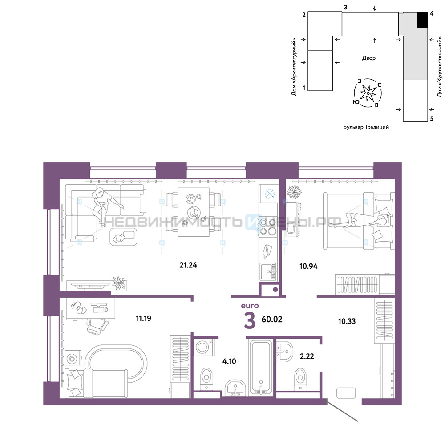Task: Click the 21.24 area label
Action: click(188, 265)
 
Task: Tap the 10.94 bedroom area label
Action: click(308, 266)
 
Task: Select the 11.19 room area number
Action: click(144, 319)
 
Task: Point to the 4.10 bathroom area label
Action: click(229, 361)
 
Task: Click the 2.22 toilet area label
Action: click(307, 356)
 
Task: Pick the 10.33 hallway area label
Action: click(347, 321)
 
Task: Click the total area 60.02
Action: click(272, 319)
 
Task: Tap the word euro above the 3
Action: click(250, 306)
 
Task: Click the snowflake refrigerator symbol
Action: click(270, 194)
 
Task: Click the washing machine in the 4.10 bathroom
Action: click(204, 347)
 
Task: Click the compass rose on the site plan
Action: click(368, 93)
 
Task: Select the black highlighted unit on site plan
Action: click(422, 20)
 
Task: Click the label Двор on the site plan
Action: click(368, 58)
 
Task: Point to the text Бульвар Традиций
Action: click(366, 127)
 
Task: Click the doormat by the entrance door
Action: click(346, 393)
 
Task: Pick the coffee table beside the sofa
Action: click(123, 236)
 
